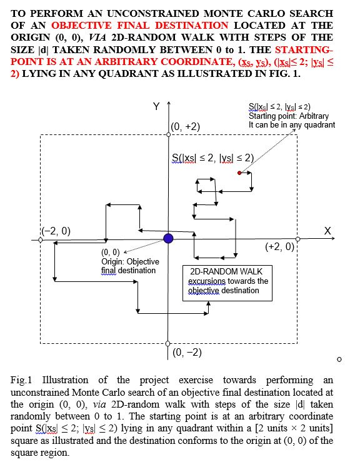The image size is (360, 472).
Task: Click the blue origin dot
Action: pos(167,238)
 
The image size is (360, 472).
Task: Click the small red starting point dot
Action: pos(239,173)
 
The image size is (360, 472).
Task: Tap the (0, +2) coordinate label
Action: pos(185,126)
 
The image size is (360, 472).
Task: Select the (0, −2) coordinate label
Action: pos(186,353)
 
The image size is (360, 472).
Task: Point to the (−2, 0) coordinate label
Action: pos(56,231)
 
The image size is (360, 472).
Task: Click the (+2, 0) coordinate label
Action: pos(279,247)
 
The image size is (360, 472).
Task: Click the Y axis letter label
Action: pos(157,106)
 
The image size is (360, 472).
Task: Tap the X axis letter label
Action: pos(327,231)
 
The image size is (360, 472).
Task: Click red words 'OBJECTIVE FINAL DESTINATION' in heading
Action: pos(140,26)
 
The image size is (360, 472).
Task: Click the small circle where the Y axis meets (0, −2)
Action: pos(167,343)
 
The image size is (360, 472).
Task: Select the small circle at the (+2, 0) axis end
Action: pos(297,238)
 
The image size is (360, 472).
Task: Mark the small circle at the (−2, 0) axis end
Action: pos(40,238)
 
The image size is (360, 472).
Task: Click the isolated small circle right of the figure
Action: pos(338,359)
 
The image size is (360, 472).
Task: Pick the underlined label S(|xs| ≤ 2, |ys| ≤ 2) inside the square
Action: pos(212,158)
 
